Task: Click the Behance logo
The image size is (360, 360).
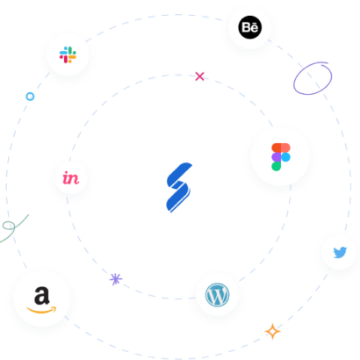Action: [x=250, y=27]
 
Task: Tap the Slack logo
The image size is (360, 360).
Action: [x=68, y=54]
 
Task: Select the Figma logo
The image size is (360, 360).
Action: [x=281, y=157]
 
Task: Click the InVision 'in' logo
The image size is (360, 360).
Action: [x=71, y=178]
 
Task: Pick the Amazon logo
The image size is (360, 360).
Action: [x=41, y=299]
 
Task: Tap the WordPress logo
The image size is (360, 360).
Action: [x=217, y=295]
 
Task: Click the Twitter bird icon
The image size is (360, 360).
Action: [x=340, y=252]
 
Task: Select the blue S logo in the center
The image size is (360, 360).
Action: [x=179, y=187]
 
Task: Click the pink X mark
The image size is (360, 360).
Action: [x=199, y=76]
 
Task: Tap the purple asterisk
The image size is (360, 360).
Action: [x=116, y=279]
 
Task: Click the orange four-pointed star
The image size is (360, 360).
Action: [x=273, y=331]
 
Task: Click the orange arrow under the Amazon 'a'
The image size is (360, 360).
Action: [x=41, y=310]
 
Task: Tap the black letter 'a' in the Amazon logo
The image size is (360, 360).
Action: [x=42, y=295]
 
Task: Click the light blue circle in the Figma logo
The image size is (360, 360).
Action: [x=285, y=157]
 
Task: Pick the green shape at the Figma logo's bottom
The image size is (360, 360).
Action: [x=277, y=166]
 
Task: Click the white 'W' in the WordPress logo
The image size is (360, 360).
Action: [x=217, y=295]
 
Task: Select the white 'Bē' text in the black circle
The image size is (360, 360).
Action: [x=250, y=27]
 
